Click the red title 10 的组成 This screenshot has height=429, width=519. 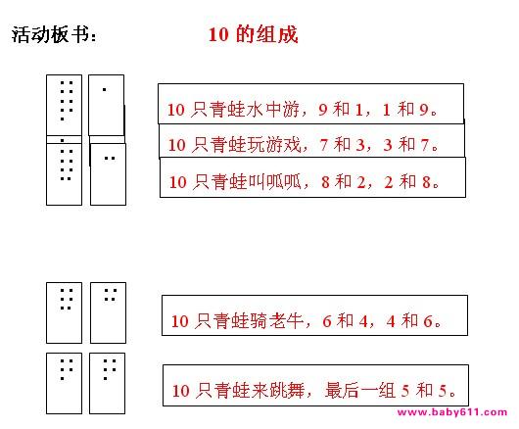coord(253,34)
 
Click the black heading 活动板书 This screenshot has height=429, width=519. coord(54,34)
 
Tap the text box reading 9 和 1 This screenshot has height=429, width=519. coord(310,104)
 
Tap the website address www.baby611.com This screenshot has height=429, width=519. coord(452,412)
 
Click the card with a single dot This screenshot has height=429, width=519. coord(107,105)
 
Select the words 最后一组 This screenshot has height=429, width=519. coord(360,390)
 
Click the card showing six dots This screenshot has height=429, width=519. coord(65,312)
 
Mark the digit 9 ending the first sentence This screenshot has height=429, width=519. coord(424,110)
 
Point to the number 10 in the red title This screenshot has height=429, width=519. coord(218,34)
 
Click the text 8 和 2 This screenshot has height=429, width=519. coord(344,182)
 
